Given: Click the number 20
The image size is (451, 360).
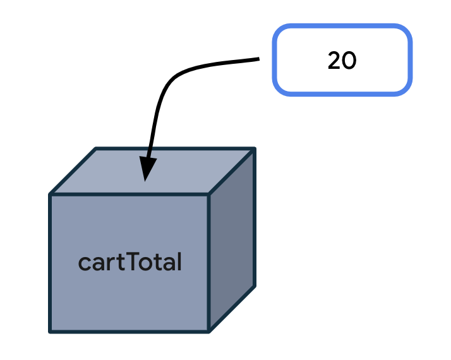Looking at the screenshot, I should pyautogui.click(x=342, y=61).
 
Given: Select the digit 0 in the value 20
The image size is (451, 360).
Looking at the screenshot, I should pyautogui.click(x=350, y=61).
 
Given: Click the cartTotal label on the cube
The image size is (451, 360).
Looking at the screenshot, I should pyautogui.click(x=130, y=262).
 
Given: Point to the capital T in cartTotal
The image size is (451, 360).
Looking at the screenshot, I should pyautogui.click(x=135, y=261).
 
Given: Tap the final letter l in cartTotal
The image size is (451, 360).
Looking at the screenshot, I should pyautogui.click(x=179, y=261).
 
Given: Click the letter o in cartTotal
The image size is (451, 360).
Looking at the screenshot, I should pyautogui.click(x=148, y=263).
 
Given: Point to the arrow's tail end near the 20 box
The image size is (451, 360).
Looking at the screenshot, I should pyautogui.click(x=258, y=60).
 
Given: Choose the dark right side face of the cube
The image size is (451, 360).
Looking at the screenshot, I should pyautogui.click(x=232, y=240).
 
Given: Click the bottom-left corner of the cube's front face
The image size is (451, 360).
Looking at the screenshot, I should pyautogui.click(x=51, y=331).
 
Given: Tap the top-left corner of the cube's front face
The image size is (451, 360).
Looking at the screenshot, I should pyautogui.click(x=51, y=195).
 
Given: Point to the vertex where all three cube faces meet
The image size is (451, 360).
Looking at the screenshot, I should pyautogui.click(x=208, y=195).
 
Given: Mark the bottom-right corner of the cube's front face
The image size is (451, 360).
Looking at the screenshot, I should pyautogui.click(x=208, y=331).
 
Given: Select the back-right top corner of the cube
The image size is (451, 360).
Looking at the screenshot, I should pyautogui.click(x=255, y=149).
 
